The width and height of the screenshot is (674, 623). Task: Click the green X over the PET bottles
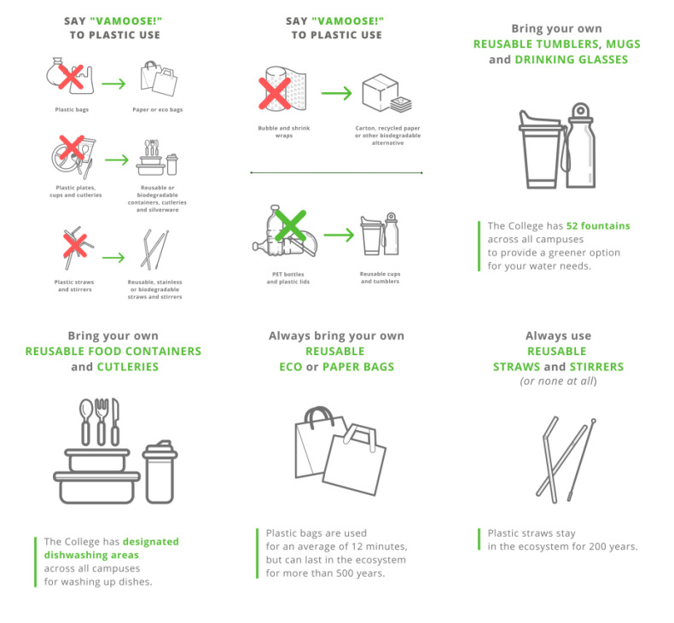[x=291, y=225]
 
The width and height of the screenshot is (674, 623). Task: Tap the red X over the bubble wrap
[x=274, y=93]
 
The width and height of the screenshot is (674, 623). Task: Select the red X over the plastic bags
[x=71, y=77]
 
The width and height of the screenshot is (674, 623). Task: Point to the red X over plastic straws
[x=75, y=246]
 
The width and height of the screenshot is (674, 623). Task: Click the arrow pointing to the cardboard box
[x=336, y=93]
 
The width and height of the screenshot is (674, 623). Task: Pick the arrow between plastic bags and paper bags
[x=114, y=84]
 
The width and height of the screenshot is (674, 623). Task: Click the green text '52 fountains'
[x=598, y=225]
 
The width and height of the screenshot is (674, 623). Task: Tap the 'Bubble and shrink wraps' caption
[x=284, y=131]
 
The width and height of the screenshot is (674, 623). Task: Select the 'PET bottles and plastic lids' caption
[x=288, y=277]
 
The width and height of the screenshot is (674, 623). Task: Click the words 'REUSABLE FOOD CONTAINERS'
[x=113, y=352]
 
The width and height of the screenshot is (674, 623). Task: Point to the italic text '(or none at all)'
[x=558, y=381]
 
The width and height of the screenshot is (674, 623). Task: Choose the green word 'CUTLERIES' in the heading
[x=128, y=367]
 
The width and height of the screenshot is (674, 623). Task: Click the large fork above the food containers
[x=102, y=422]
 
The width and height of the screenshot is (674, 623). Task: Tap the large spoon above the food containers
[x=86, y=422]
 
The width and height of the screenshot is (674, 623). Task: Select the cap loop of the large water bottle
[x=580, y=110]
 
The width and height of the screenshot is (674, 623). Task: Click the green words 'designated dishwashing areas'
[x=111, y=548]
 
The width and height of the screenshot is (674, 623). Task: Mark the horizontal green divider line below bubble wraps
[x=336, y=173]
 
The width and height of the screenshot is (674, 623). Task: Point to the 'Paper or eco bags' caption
[x=157, y=109]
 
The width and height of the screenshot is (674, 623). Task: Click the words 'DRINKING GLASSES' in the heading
[x=572, y=60]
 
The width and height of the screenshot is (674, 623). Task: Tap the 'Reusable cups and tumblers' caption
[x=380, y=277]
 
